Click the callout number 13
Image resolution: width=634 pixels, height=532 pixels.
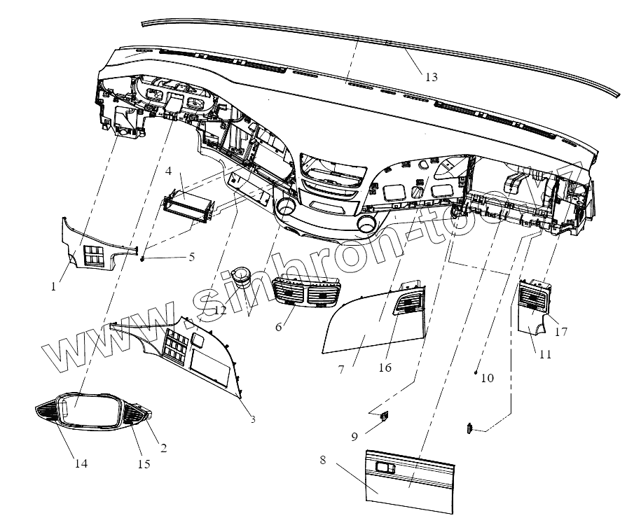click(x=432, y=77)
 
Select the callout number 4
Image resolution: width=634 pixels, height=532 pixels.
click(x=169, y=171)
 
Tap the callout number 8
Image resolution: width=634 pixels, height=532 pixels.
click(x=322, y=461)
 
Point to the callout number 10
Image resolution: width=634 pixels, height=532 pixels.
click(x=488, y=378)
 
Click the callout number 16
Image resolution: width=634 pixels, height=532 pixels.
click(x=385, y=367)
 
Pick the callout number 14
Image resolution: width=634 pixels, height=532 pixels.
click(x=81, y=463)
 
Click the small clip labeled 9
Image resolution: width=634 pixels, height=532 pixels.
click(x=385, y=417)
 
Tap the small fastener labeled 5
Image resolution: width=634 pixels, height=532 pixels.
click(x=143, y=259)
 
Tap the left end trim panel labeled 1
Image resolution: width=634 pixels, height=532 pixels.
click(x=90, y=246)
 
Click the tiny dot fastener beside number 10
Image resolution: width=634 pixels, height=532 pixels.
click(x=476, y=374)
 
